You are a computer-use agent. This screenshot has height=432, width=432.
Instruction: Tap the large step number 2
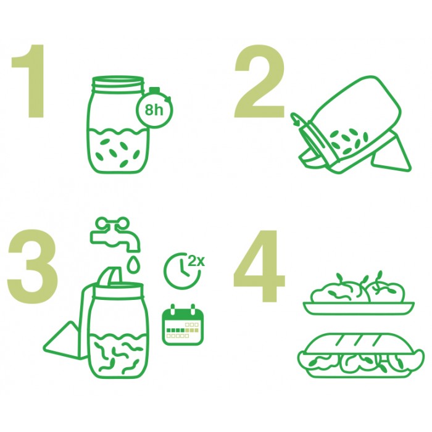pos(259,81)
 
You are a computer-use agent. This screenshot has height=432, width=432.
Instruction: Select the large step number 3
pos(33,267)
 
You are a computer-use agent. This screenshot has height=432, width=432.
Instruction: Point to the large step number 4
pos(259,265)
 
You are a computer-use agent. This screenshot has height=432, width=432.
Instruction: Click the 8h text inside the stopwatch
pos(154,110)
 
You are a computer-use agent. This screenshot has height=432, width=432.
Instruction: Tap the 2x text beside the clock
pos(196,261)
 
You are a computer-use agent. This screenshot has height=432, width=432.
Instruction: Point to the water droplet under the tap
pos(133,262)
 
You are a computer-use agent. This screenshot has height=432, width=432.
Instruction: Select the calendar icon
pos(183,325)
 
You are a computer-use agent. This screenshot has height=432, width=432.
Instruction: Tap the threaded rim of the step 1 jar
pos(118,84)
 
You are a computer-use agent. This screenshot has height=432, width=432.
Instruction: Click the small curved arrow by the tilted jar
pos(296,118)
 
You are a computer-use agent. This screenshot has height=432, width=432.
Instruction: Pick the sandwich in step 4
pos(361,355)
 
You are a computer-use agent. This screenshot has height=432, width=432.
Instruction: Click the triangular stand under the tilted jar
pos(391,154)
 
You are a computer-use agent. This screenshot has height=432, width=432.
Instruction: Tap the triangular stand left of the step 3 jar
pos(65,340)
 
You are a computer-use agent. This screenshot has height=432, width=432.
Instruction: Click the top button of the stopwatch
pos(154,90)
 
